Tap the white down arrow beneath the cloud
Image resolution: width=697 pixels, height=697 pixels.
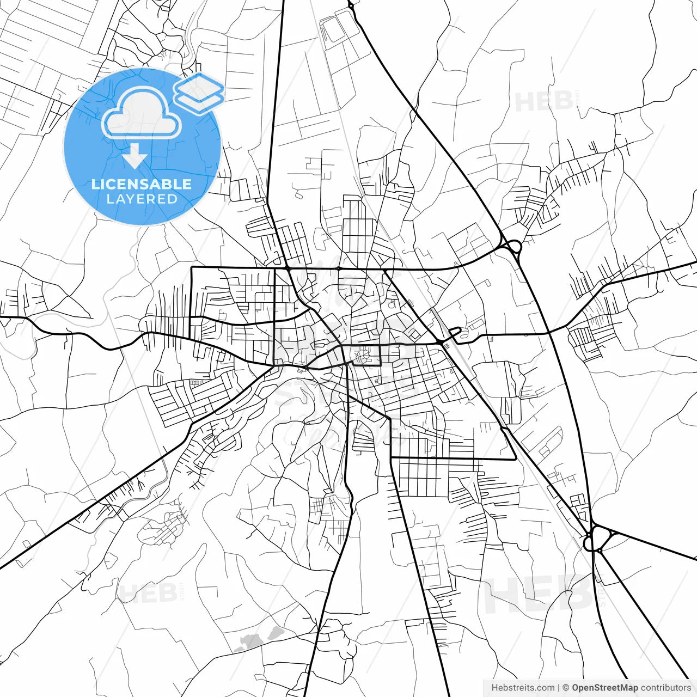click(134, 157)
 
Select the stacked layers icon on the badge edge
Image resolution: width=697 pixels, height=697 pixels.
click(199, 93)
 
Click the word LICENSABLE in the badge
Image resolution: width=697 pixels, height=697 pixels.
click(142, 184)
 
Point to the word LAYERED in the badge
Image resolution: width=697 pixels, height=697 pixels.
click(142, 199)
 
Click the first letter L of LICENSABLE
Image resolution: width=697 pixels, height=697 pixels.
click(95, 184)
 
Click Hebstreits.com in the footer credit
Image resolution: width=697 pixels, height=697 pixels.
click(523, 688)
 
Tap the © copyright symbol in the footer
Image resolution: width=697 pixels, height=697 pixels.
click(566, 688)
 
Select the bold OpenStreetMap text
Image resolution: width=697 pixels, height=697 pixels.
click(604, 688)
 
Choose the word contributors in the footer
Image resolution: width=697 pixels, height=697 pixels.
click(665, 688)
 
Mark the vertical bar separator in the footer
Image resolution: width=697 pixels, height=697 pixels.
click(559, 688)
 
